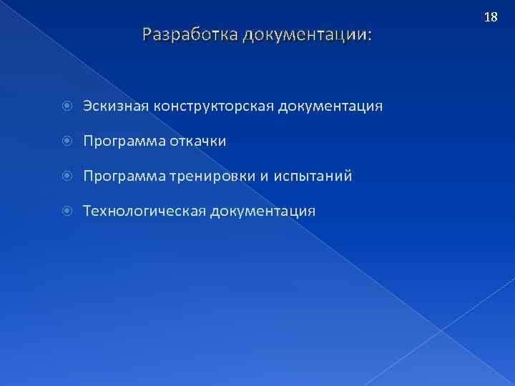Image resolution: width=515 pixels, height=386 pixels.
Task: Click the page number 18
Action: coord(491,16)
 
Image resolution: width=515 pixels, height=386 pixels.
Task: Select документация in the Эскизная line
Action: coord(330,107)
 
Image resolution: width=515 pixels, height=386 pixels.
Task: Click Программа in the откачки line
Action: coord(124,142)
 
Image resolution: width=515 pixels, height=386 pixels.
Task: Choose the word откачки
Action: coord(197,142)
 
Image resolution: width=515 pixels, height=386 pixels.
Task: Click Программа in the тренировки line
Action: coord(124,177)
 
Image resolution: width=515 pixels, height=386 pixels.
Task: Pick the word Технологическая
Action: coord(144,212)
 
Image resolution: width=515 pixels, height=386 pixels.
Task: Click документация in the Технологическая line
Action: coord(263,212)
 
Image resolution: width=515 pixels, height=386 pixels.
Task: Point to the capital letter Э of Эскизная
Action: coord(87,107)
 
